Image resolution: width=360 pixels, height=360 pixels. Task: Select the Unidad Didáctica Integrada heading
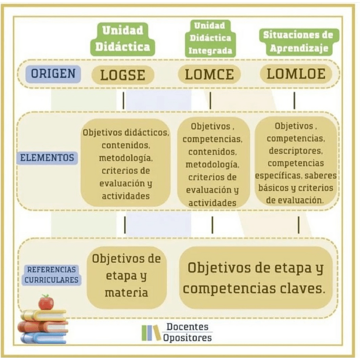tap(211, 38)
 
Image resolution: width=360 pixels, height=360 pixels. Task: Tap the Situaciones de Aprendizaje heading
tap(299, 41)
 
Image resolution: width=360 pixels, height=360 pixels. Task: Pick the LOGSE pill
tap(123, 75)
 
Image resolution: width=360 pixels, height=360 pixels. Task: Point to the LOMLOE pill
tap(296, 74)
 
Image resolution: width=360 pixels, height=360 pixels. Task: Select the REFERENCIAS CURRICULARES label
tap(51, 275)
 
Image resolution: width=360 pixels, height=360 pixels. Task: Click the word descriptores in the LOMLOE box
tap(295, 151)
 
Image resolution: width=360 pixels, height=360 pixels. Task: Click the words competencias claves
tap(254, 289)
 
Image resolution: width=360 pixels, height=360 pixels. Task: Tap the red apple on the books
tap(46, 302)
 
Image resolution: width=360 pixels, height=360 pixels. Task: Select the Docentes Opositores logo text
tap(187, 332)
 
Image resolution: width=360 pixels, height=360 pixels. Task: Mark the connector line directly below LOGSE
tap(124, 101)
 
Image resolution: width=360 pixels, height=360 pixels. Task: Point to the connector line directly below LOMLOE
tap(294, 101)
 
